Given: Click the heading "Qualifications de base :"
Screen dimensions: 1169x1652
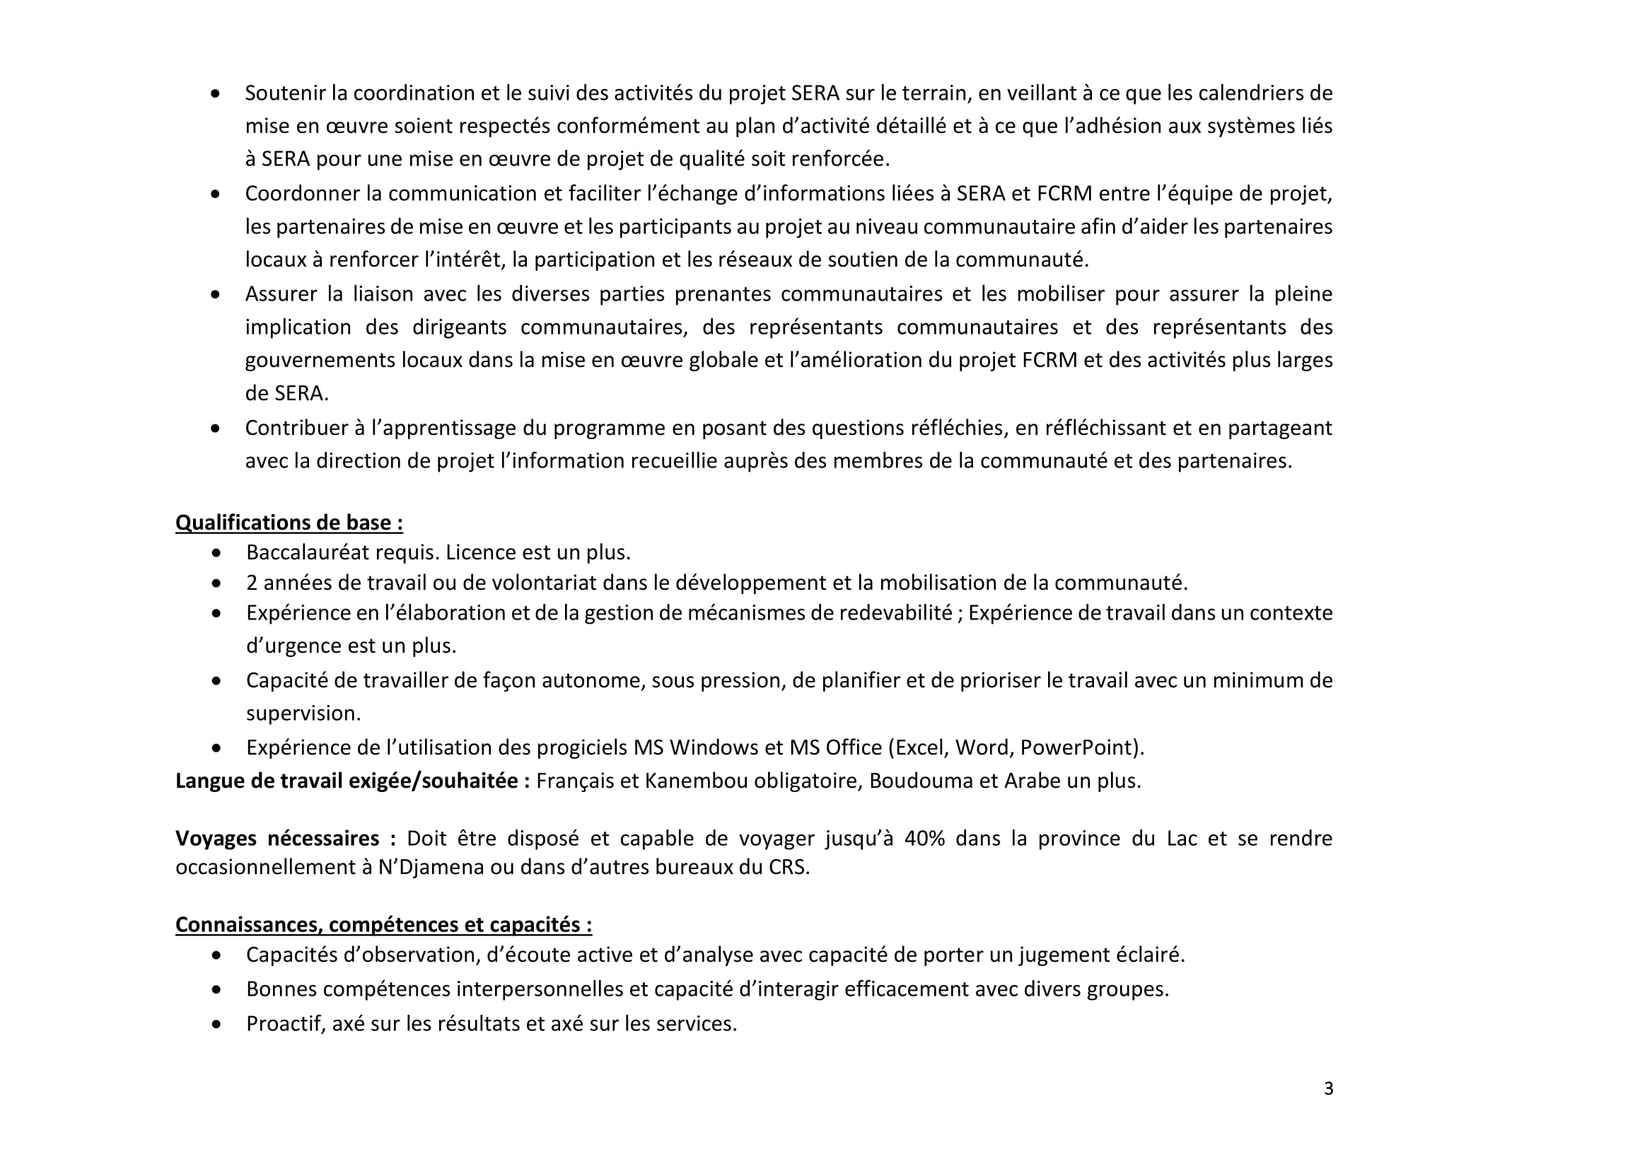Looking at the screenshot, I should click(289, 523).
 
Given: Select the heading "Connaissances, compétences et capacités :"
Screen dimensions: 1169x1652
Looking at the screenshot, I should click(384, 924).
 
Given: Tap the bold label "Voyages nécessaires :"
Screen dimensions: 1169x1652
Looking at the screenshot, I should click(285, 838).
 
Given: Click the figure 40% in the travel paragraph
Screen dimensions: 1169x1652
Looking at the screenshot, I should click(924, 838).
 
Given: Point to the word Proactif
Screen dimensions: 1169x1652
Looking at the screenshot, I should click(285, 1023).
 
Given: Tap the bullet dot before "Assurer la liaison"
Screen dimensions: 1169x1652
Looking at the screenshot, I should click(215, 294).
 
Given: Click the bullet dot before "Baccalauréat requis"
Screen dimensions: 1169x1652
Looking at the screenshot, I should click(216, 553).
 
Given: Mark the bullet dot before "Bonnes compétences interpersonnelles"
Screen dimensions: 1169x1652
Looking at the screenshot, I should click(216, 990).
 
